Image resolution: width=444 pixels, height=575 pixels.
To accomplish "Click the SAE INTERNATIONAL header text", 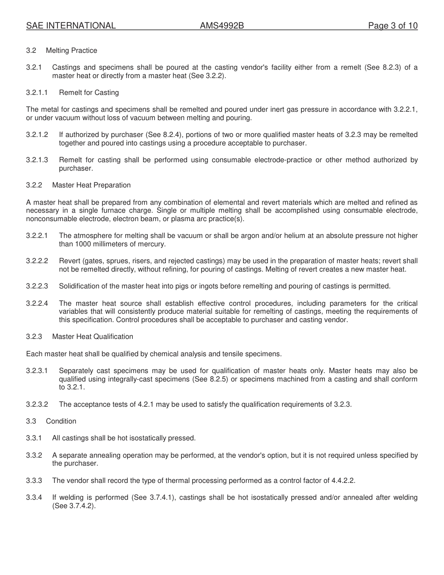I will [x=71, y=26].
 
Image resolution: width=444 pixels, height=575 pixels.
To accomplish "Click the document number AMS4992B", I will [x=222, y=26].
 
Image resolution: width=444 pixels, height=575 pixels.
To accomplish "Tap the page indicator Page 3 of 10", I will [x=393, y=26].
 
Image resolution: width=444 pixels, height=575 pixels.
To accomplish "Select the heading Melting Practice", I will [x=72, y=50].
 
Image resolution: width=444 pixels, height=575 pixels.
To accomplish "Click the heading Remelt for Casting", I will [x=89, y=93].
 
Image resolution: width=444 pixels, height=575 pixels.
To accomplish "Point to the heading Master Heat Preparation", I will [x=92, y=185].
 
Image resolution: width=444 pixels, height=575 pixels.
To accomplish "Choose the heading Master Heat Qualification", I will [x=93, y=337].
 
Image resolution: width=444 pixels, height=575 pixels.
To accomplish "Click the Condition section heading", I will [x=61, y=421].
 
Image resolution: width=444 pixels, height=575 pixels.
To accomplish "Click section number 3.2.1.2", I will [x=37, y=135].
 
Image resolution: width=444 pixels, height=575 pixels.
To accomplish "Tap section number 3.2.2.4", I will [x=37, y=303].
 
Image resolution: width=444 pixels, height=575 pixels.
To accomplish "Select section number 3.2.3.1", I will [x=37, y=371].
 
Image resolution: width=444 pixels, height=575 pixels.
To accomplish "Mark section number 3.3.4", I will [x=34, y=497].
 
